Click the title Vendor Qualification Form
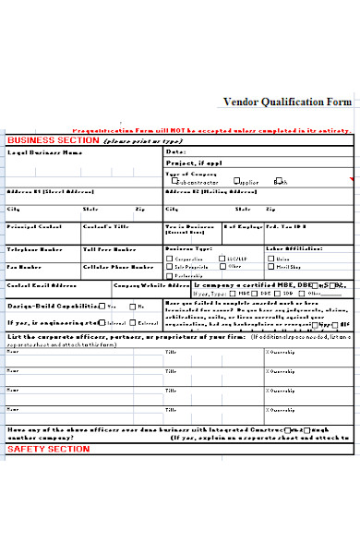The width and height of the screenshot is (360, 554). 287,102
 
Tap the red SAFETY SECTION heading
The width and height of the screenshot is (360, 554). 49,449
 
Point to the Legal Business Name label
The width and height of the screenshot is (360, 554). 38,152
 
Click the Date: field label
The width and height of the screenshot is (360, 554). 175,152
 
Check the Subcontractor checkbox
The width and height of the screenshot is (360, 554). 169,181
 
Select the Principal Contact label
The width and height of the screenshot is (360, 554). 35,226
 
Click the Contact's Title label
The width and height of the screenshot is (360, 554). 102,226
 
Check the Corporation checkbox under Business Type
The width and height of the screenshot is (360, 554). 169,259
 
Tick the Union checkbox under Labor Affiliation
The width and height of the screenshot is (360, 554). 270,259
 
